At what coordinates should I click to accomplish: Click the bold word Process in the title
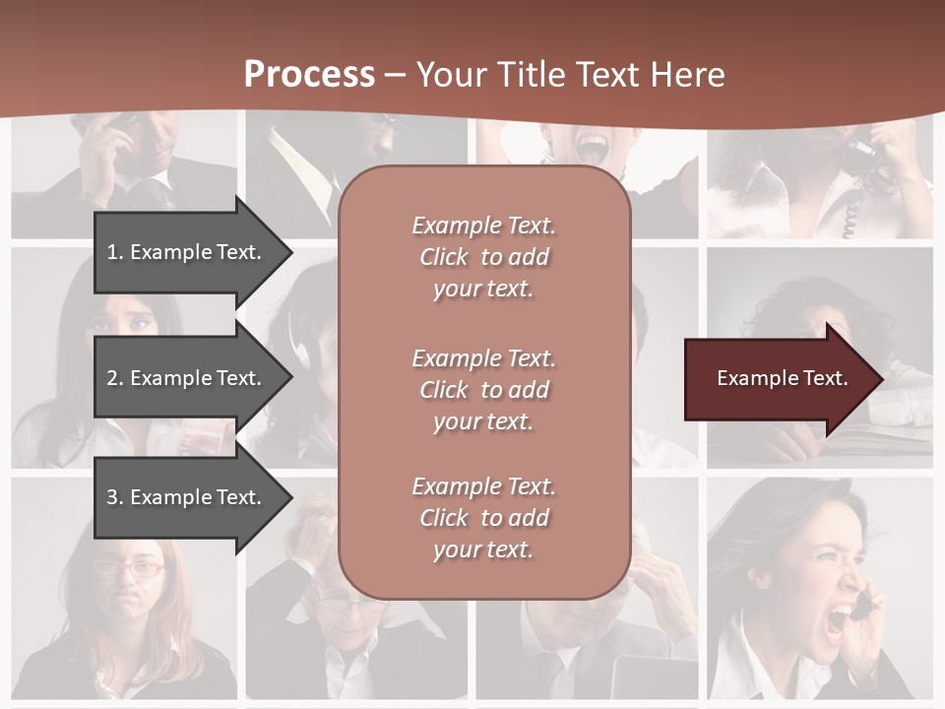click(x=309, y=75)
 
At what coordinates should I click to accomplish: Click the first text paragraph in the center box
click(x=483, y=257)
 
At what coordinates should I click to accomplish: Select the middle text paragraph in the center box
click(x=483, y=390)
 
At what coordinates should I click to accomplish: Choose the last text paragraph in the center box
click(x=483, y=518)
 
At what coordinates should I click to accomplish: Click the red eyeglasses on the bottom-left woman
click(x=129, y=568)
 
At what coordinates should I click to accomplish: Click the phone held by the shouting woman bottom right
click(x=862, y=604)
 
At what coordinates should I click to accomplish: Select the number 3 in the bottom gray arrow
click(x=112, y=497)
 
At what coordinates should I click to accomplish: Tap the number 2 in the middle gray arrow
click(x=112, y=378)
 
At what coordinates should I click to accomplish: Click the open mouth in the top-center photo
click(x=593, y=148)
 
